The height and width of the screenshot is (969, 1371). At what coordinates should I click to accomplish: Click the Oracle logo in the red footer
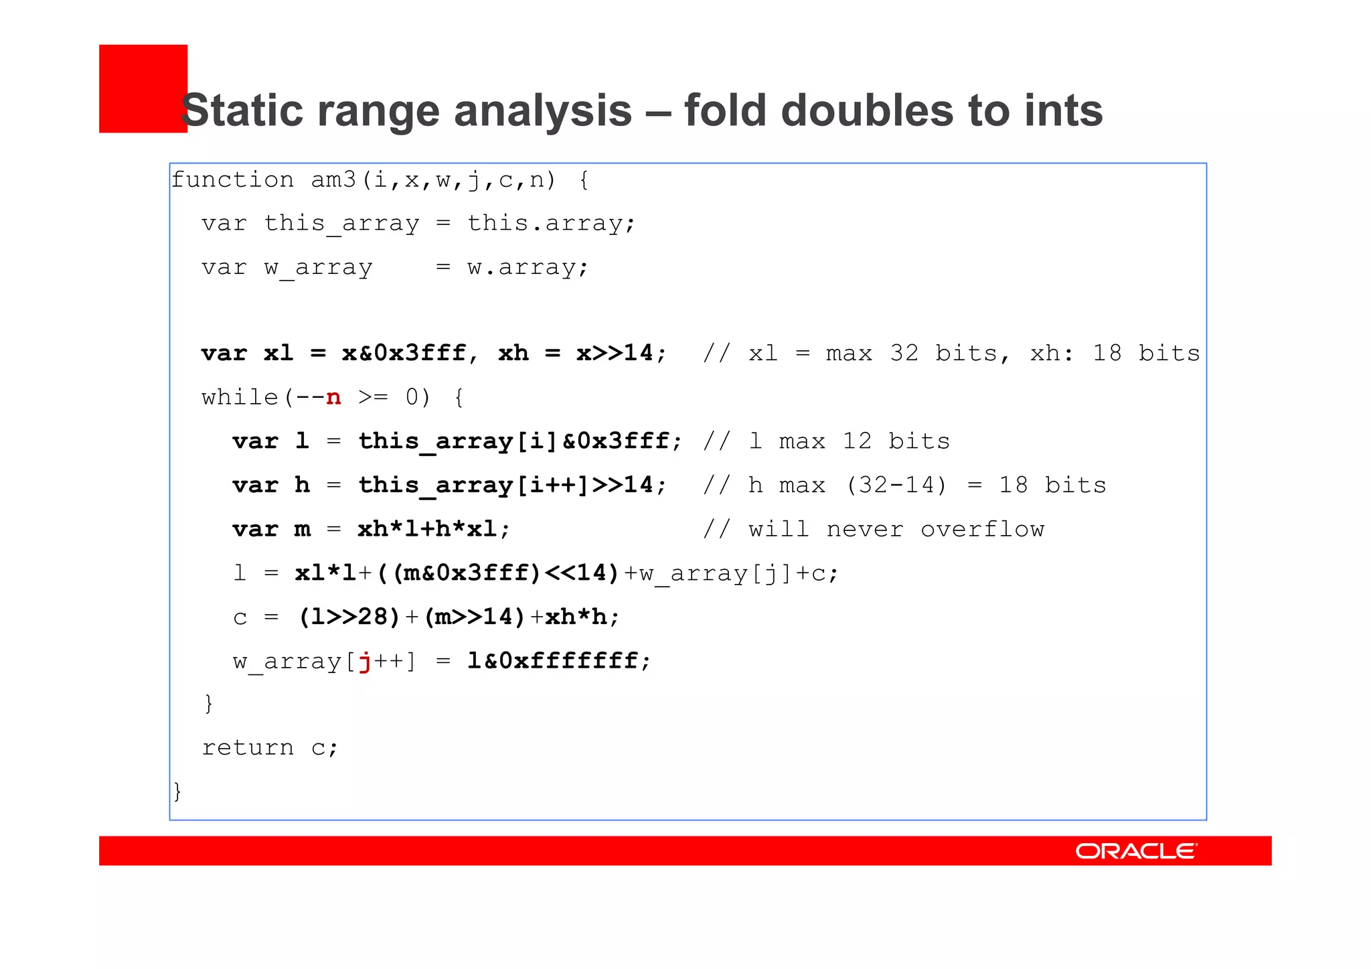click(1135, 851)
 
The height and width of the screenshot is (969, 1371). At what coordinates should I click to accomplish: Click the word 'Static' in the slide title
click(240, 110)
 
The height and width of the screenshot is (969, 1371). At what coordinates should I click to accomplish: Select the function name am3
click(333, 180)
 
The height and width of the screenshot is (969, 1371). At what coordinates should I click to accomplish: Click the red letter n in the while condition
click(333, 397)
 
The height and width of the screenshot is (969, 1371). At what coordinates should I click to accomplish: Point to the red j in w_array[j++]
click(365, 662)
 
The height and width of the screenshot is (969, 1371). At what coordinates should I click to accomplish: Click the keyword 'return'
click(248, 747)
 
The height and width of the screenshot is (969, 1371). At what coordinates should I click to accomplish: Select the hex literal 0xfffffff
click(569, 661)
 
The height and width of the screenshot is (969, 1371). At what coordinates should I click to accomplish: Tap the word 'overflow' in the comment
click(982, 530)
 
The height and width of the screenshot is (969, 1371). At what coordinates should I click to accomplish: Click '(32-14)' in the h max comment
click(896, 485)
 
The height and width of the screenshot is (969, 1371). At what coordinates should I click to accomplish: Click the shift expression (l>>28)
click(349, 617)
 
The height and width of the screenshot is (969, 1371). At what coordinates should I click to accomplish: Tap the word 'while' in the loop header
click(240, 397)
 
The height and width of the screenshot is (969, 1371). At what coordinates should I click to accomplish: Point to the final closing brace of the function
click(177, 792)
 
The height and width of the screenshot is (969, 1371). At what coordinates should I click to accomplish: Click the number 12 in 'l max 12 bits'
click(857, 441)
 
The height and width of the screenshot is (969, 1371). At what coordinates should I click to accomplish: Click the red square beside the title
click(143, 88)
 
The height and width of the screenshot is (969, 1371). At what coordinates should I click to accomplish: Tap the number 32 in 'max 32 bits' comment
click(904, 354)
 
